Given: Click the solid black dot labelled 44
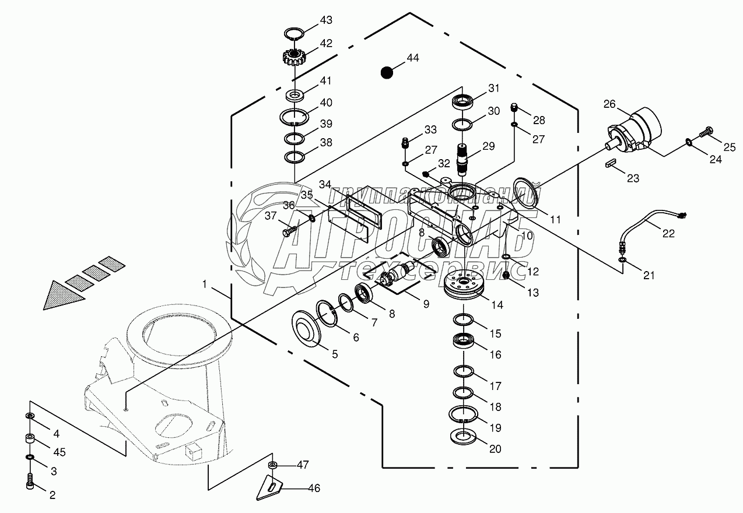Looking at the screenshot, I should (x=385, y=72).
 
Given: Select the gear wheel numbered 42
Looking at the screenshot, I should (x=295, y=57).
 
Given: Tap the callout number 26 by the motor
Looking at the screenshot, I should (x=609, y=104).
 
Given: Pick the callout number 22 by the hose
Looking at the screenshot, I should (x=668, y=233).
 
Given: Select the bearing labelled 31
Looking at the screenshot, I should (x=464, y=101).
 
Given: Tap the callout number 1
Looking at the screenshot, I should (x=205, y=284).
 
